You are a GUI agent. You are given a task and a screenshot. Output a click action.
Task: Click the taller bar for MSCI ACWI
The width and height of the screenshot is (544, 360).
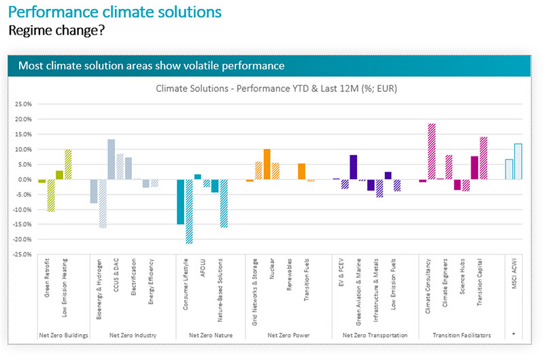[518, 161]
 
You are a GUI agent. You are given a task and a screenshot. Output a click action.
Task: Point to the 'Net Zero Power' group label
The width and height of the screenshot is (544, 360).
[288, 335]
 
